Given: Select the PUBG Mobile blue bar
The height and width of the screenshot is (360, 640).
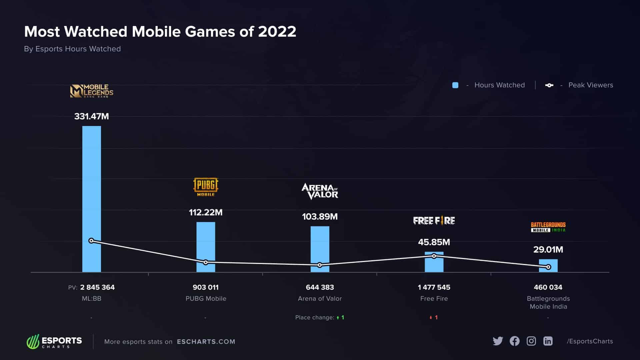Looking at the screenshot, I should (206, 243).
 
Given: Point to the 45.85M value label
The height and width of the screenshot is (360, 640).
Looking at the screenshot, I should (434, 242).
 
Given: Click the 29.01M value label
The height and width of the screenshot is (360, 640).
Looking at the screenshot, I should (548, 250).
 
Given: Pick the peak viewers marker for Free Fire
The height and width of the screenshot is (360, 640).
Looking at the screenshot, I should (434, 256).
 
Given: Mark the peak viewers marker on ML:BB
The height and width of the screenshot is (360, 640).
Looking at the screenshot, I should (92, 241).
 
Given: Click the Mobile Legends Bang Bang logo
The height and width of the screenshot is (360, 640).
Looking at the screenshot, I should (92, 91).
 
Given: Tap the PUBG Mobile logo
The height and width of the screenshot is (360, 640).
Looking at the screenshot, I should (206, 187).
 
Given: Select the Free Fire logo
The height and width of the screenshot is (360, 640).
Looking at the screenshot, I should (434, 221).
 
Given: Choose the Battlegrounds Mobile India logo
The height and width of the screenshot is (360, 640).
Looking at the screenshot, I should (548, 227).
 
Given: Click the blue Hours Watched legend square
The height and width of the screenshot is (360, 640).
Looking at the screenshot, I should (455, 85).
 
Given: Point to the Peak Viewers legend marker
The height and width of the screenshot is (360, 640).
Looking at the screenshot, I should (549, 85).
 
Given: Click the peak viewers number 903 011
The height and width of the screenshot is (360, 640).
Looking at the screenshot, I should (206, 287).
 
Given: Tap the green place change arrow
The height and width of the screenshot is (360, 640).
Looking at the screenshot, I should (338, 318).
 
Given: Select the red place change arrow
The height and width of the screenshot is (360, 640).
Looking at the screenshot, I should (431, 318).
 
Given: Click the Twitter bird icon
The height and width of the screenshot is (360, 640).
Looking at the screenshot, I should (498, 341).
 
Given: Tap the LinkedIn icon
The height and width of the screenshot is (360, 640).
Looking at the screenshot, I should (548, 341).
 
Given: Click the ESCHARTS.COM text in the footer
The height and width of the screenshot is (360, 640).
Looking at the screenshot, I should (206, 342).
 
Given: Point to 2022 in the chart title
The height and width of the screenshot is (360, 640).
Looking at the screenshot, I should (277, 32).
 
